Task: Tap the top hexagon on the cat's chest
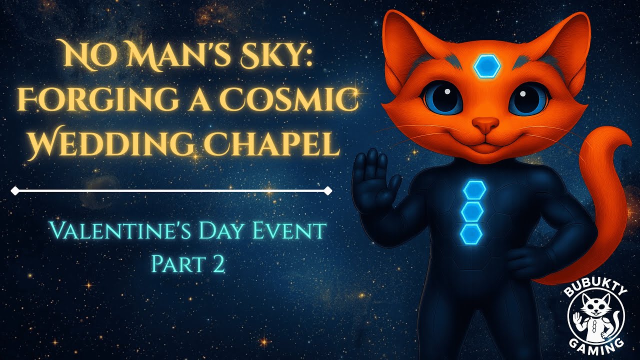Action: tap(471, 190)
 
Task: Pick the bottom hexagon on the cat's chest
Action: tap(471, 234)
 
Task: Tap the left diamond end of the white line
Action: tap(15, 190)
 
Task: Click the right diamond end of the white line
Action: tap(328, 190)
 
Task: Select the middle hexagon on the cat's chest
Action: tap(471, 212)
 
